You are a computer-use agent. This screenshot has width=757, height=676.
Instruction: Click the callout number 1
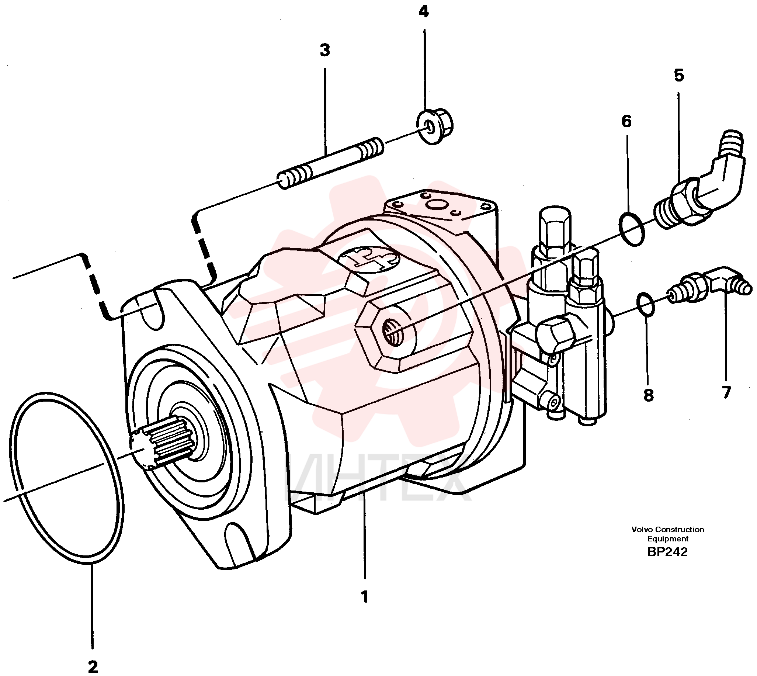coord(365,597)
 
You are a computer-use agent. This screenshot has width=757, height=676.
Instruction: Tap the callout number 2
coord(93,667)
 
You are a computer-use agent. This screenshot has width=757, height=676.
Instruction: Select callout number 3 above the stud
coord(325,50)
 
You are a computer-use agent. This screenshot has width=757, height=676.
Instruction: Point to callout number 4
coord(423,12)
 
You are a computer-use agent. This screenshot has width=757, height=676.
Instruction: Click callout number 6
coord(626,121)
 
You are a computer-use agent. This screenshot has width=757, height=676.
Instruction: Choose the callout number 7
coord(726,392)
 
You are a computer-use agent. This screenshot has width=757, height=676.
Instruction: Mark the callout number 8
coord(648,395)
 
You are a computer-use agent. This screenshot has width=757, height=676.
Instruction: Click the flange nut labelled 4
coord(434,126)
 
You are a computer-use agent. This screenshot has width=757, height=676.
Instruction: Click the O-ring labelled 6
coord(632,229)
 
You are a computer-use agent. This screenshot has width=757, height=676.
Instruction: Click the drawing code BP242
coord(667,552)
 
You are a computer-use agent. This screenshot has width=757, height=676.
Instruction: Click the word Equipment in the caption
coord(668,539)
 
